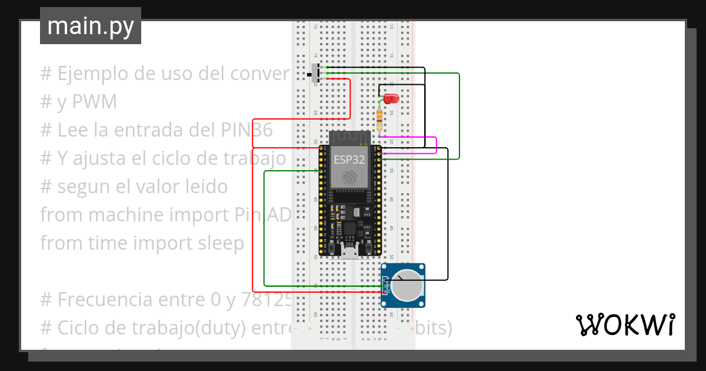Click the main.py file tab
[91, 26]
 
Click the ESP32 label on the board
[349, 159]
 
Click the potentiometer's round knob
[407, 286]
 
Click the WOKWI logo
[625, 324]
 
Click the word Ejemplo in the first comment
[96, 74]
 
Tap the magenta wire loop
[436, 145]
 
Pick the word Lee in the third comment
[73, 130]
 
